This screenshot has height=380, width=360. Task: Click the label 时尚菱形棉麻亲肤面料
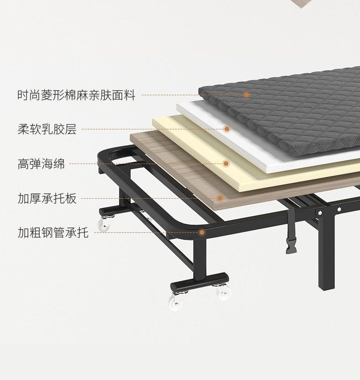[76, 95]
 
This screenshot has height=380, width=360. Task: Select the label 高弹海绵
[41, 164]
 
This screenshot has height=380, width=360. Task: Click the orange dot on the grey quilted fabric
[247, 95]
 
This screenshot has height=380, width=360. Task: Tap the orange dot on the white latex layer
[226, 129]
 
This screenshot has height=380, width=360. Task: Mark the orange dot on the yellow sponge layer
[226, 163]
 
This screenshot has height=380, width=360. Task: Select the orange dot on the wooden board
[220, 198]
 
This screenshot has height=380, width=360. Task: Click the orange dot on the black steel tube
[201, 232]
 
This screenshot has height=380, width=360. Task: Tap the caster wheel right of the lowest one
[223, 293]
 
